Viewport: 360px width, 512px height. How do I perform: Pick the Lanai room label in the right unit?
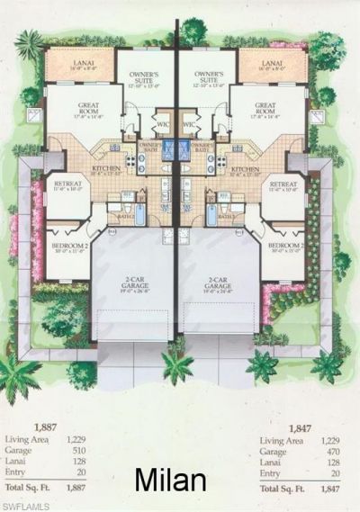(x=274, y=60)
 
